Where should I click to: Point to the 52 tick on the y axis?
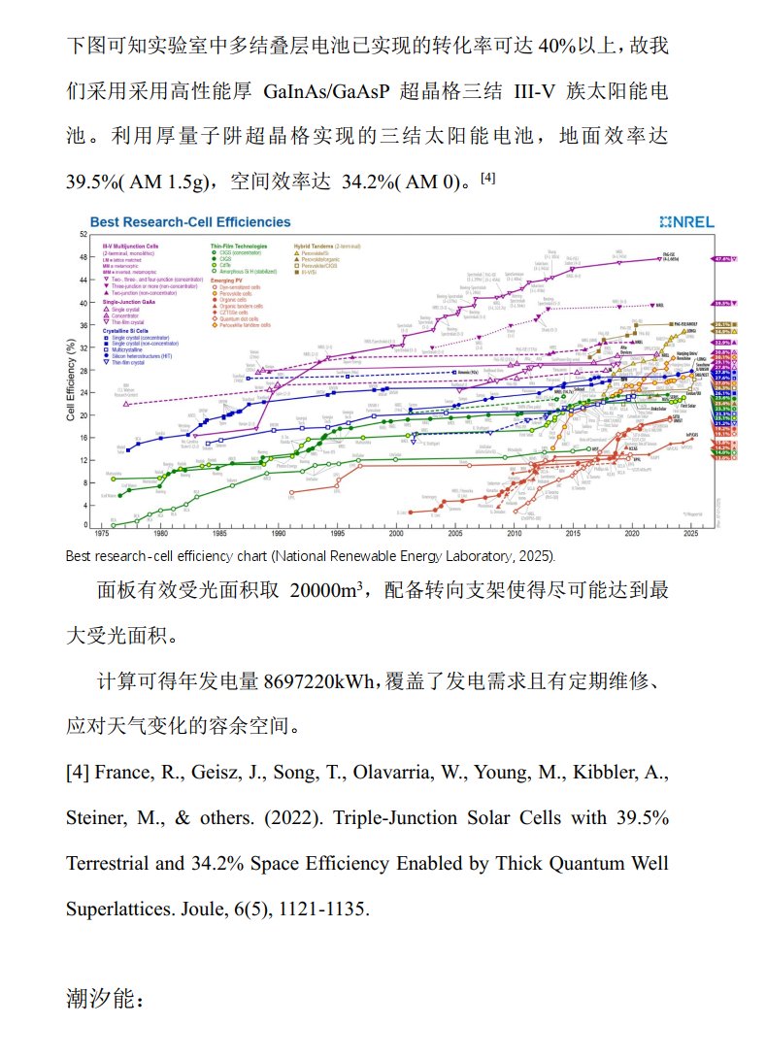83,235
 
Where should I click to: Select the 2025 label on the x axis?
691,534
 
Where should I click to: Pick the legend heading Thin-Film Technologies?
240,247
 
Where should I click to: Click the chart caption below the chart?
311,557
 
